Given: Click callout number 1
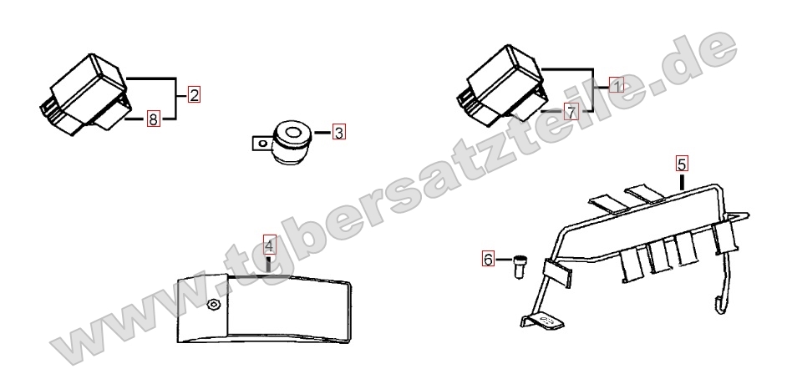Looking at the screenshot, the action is pyautogui.click(x=617, y=85).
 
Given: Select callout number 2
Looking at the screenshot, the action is pyautogui.click(x=194, y=94).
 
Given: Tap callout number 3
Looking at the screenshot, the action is pyautogui.click(x=339, y=133).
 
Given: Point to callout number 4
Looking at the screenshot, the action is pyautogui.click(x=270, y=246).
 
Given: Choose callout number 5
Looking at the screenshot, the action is pyautogui.click(x=682, y=164).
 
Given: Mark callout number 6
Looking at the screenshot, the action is pyautogui.click(x=488, y=259).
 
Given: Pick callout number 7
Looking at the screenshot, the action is pyautogui.click(x=571, y=112).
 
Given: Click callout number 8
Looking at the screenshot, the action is pyautogui.click(x=154, y=119).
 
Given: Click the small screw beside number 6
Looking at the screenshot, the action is pyautogui.click(x=519, y=265).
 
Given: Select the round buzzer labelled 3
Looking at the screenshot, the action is pyautogui.click(x=289, y=142).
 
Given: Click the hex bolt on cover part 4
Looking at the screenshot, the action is pyautogui.click(x=215, y=305).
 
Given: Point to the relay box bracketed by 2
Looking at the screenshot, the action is pyautogui.click(x=85, y=95).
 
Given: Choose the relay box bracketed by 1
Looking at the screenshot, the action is pyautogui.click(x=502, y=85).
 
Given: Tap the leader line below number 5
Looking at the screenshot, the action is pyautogui.click(x=682, y=181).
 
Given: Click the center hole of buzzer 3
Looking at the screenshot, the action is pyautogui.click(x=293, y=134).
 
